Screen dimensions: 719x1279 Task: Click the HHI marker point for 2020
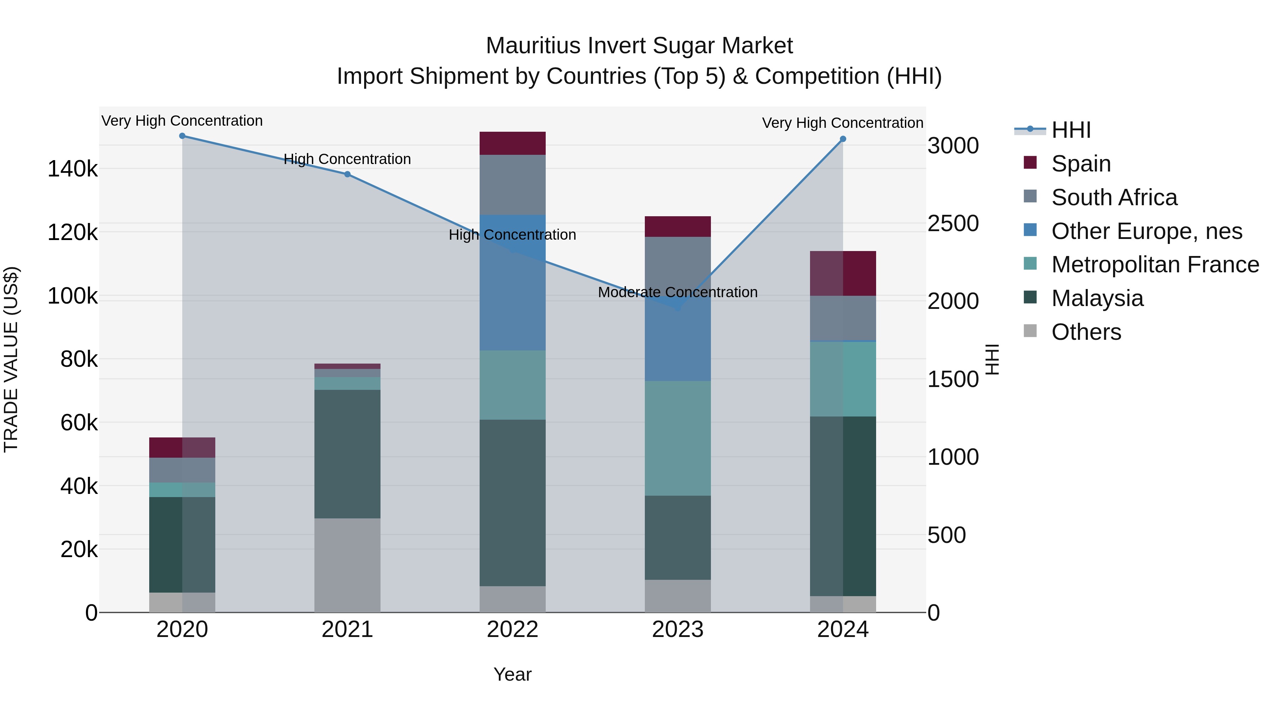tap(182, 136)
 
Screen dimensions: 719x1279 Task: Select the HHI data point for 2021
tap(347, 174)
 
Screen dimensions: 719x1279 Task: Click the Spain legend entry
tap(1080, 164)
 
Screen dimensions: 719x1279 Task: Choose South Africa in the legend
tap(1114, 197)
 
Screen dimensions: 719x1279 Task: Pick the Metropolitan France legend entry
tap(1155, 265)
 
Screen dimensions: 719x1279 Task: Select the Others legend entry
tap(1086, 332)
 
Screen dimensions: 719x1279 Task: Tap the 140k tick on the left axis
tap(72, 169)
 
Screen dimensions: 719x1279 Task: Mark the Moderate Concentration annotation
tap(678, 292)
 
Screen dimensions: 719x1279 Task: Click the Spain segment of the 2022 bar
tap(512, 143)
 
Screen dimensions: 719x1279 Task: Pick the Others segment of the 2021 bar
tap(347, 566)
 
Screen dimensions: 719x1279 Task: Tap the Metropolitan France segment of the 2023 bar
tap(678, 438)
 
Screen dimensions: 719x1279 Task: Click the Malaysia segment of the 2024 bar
tap(843, 506)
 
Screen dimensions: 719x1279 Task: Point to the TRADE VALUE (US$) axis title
tap(11, 359)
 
